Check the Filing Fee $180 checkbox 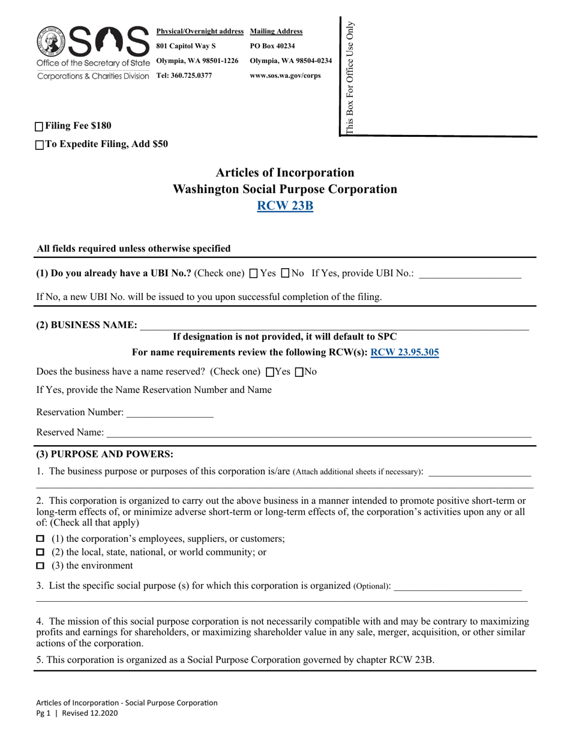tap(40, 127)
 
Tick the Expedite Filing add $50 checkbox tap(40, 145)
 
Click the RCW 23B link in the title tap(285, 206)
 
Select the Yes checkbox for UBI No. tap(253, 274)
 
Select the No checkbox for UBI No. tap(286, 274)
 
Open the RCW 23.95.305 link tap(404, 353)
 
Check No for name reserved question tap(299, 372)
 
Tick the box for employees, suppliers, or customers tap(40, 538)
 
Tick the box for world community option tap(40, 552)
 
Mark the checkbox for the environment tap(40, 566)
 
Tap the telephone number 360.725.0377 tap(184, 76)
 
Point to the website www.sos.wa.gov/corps tap(285, 76)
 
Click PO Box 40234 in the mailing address tap(272, 46)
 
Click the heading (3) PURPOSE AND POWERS tap(105, 454)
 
